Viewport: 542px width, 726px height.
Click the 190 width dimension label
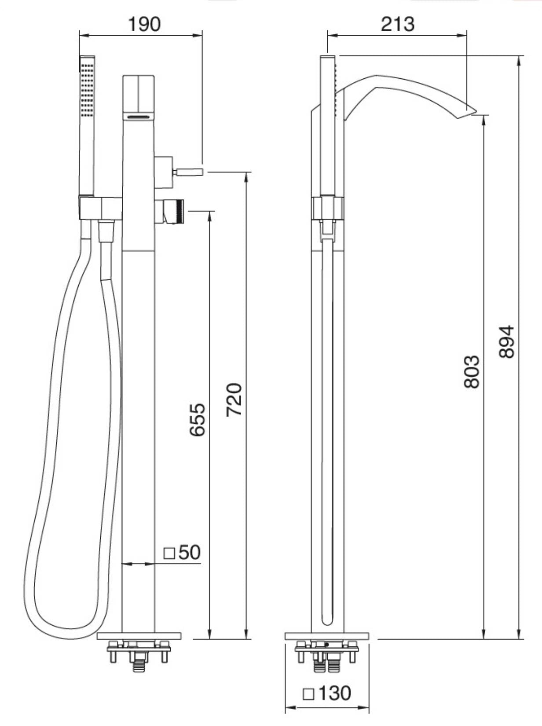pyautogui.click(x=144, y=24)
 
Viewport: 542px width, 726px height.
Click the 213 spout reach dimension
pyautogui.click(x=397, y=24)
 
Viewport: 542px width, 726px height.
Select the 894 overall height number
pyautogui.click(x=507, y=341)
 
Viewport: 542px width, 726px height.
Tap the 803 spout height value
pyautogui.click(x=472, y=372)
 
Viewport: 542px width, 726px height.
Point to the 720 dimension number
pyautogui.click(x=234, y=400)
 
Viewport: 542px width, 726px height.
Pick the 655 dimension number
pyautogui.click(x=198, y=419)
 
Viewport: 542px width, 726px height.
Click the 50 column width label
pyautogui.click(x=190, y=552)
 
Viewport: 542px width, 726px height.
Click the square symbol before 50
pyautogui.click(x=169, y=553)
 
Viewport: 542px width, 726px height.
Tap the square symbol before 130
pyautogui.click(x=309, y=694)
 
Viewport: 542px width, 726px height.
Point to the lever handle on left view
pyautogui.click(x=189, y=171)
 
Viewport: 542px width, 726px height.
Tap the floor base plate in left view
pyautogui.click(x=139, y=635)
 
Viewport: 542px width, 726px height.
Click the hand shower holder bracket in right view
pyautogui.click(x=328, y=208)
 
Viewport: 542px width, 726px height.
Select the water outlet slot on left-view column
pyautogui.click(x=138, y=117)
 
